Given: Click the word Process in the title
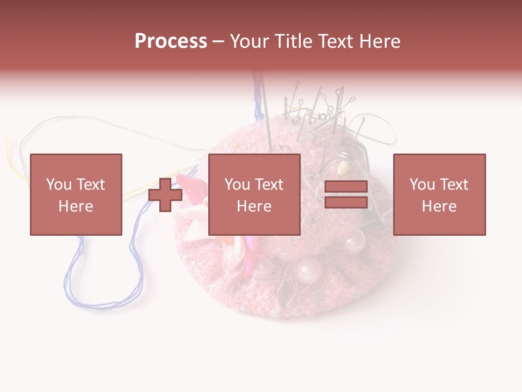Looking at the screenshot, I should pos(171,41).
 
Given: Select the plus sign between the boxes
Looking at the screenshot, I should pos(165,194).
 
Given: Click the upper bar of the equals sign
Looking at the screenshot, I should pos(346,187).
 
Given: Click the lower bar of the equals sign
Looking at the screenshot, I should pos(346,203).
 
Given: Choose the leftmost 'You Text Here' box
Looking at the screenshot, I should pos(76,194).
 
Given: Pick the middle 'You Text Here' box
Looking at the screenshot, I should pos(254,194).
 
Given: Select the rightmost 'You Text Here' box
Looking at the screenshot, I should pos(439,194).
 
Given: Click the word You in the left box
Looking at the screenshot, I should pos(59,184).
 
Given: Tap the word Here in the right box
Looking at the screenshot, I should pos(439,206).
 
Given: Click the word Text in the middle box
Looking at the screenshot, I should pos(269,184).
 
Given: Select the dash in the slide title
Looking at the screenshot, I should pos(218,41).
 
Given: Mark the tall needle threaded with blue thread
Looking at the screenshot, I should pos(266,114).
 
